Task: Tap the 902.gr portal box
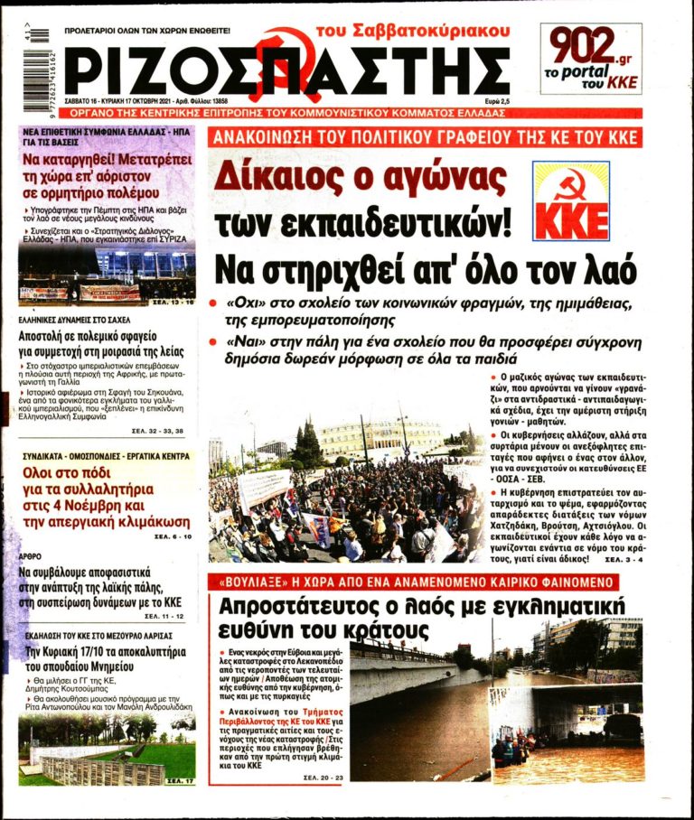pos(591,59)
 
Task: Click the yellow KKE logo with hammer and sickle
pos(570,201)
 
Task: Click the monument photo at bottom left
pos(107,749)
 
